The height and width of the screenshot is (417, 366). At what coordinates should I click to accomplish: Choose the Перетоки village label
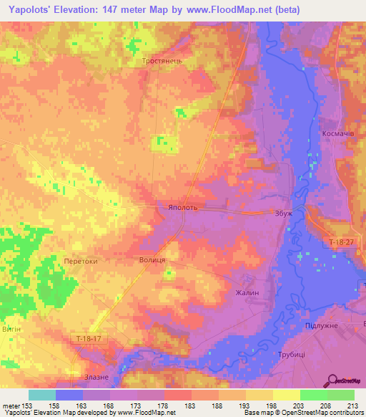tap(80, 262)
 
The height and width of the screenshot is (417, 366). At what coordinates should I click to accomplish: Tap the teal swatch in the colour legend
tap(42, 395)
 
